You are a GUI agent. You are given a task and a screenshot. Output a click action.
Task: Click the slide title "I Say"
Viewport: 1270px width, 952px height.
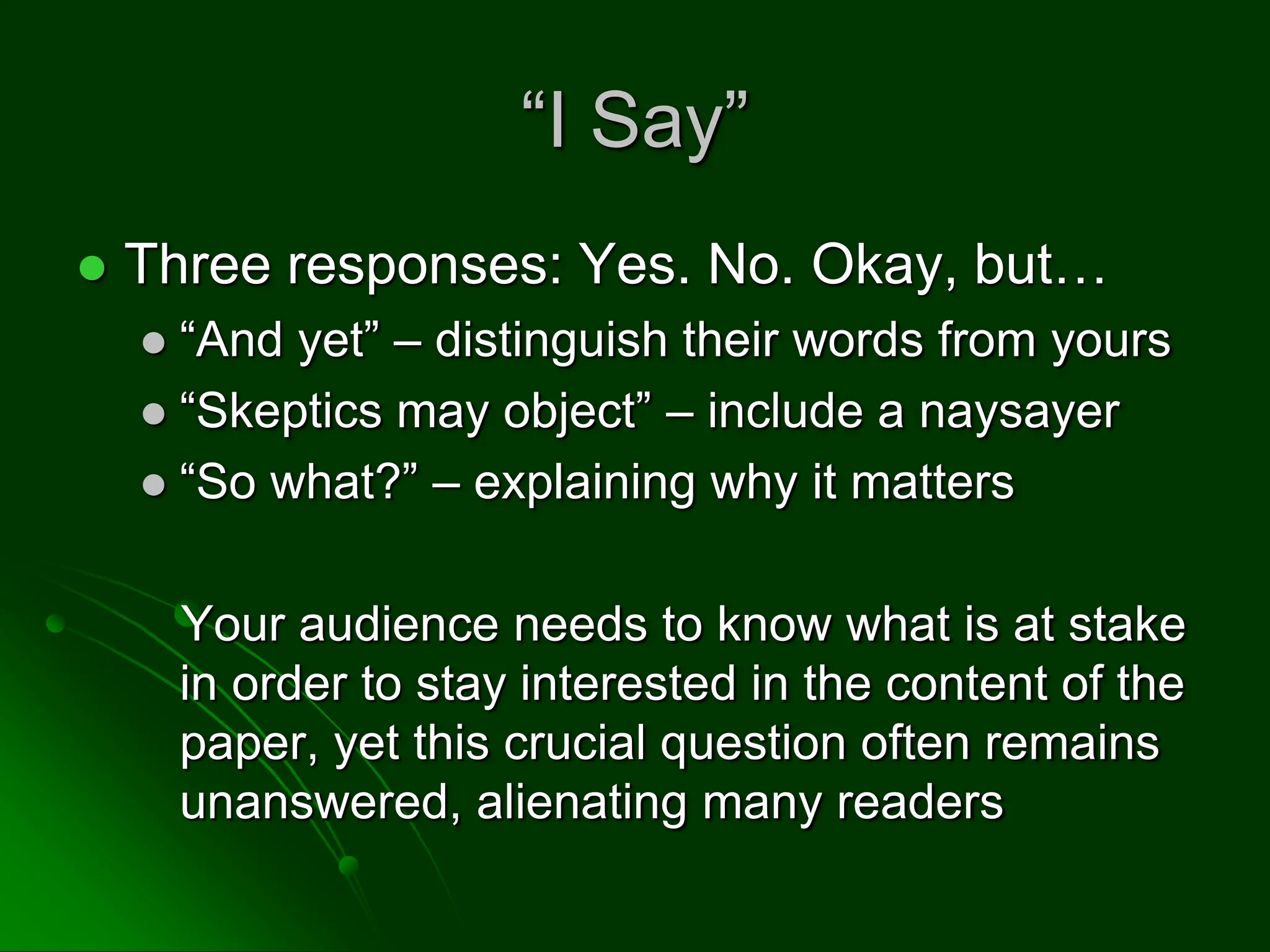[634, 120]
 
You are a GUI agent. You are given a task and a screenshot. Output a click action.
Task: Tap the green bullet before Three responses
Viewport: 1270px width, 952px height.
[93, 269]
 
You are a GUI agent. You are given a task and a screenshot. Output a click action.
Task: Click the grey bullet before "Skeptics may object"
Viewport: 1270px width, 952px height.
[154, 414]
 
